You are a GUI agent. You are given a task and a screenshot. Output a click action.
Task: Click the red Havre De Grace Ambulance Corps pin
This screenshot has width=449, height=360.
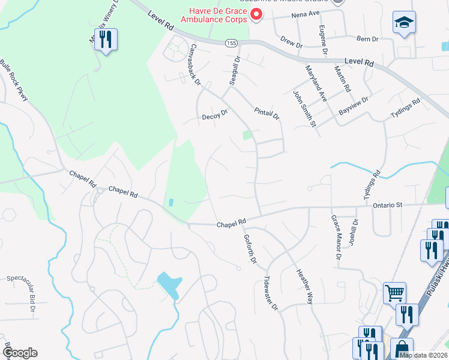257,14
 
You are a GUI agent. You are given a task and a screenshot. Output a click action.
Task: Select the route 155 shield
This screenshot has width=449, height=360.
231,43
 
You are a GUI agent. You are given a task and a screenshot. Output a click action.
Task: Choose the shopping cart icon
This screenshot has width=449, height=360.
394,293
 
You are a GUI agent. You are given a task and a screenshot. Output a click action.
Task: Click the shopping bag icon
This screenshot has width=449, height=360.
401,349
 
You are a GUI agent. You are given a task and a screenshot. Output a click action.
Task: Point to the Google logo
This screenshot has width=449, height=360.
20,353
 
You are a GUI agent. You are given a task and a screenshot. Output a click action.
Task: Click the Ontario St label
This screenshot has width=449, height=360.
387,205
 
